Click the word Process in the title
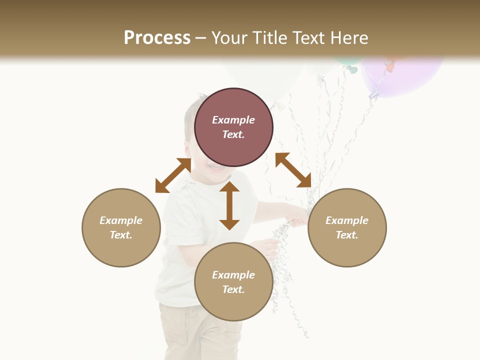(x=157, y=38)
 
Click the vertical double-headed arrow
(x=229, y=205)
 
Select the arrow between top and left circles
(x=173, y=175)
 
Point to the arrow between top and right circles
(x=293, y=170)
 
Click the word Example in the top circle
(x=233, y=120)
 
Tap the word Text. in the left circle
(x=121, y=235)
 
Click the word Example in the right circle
(x=347, y=220)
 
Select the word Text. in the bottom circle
(x=233, y=289)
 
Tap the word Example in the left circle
(x=121, y=220)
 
